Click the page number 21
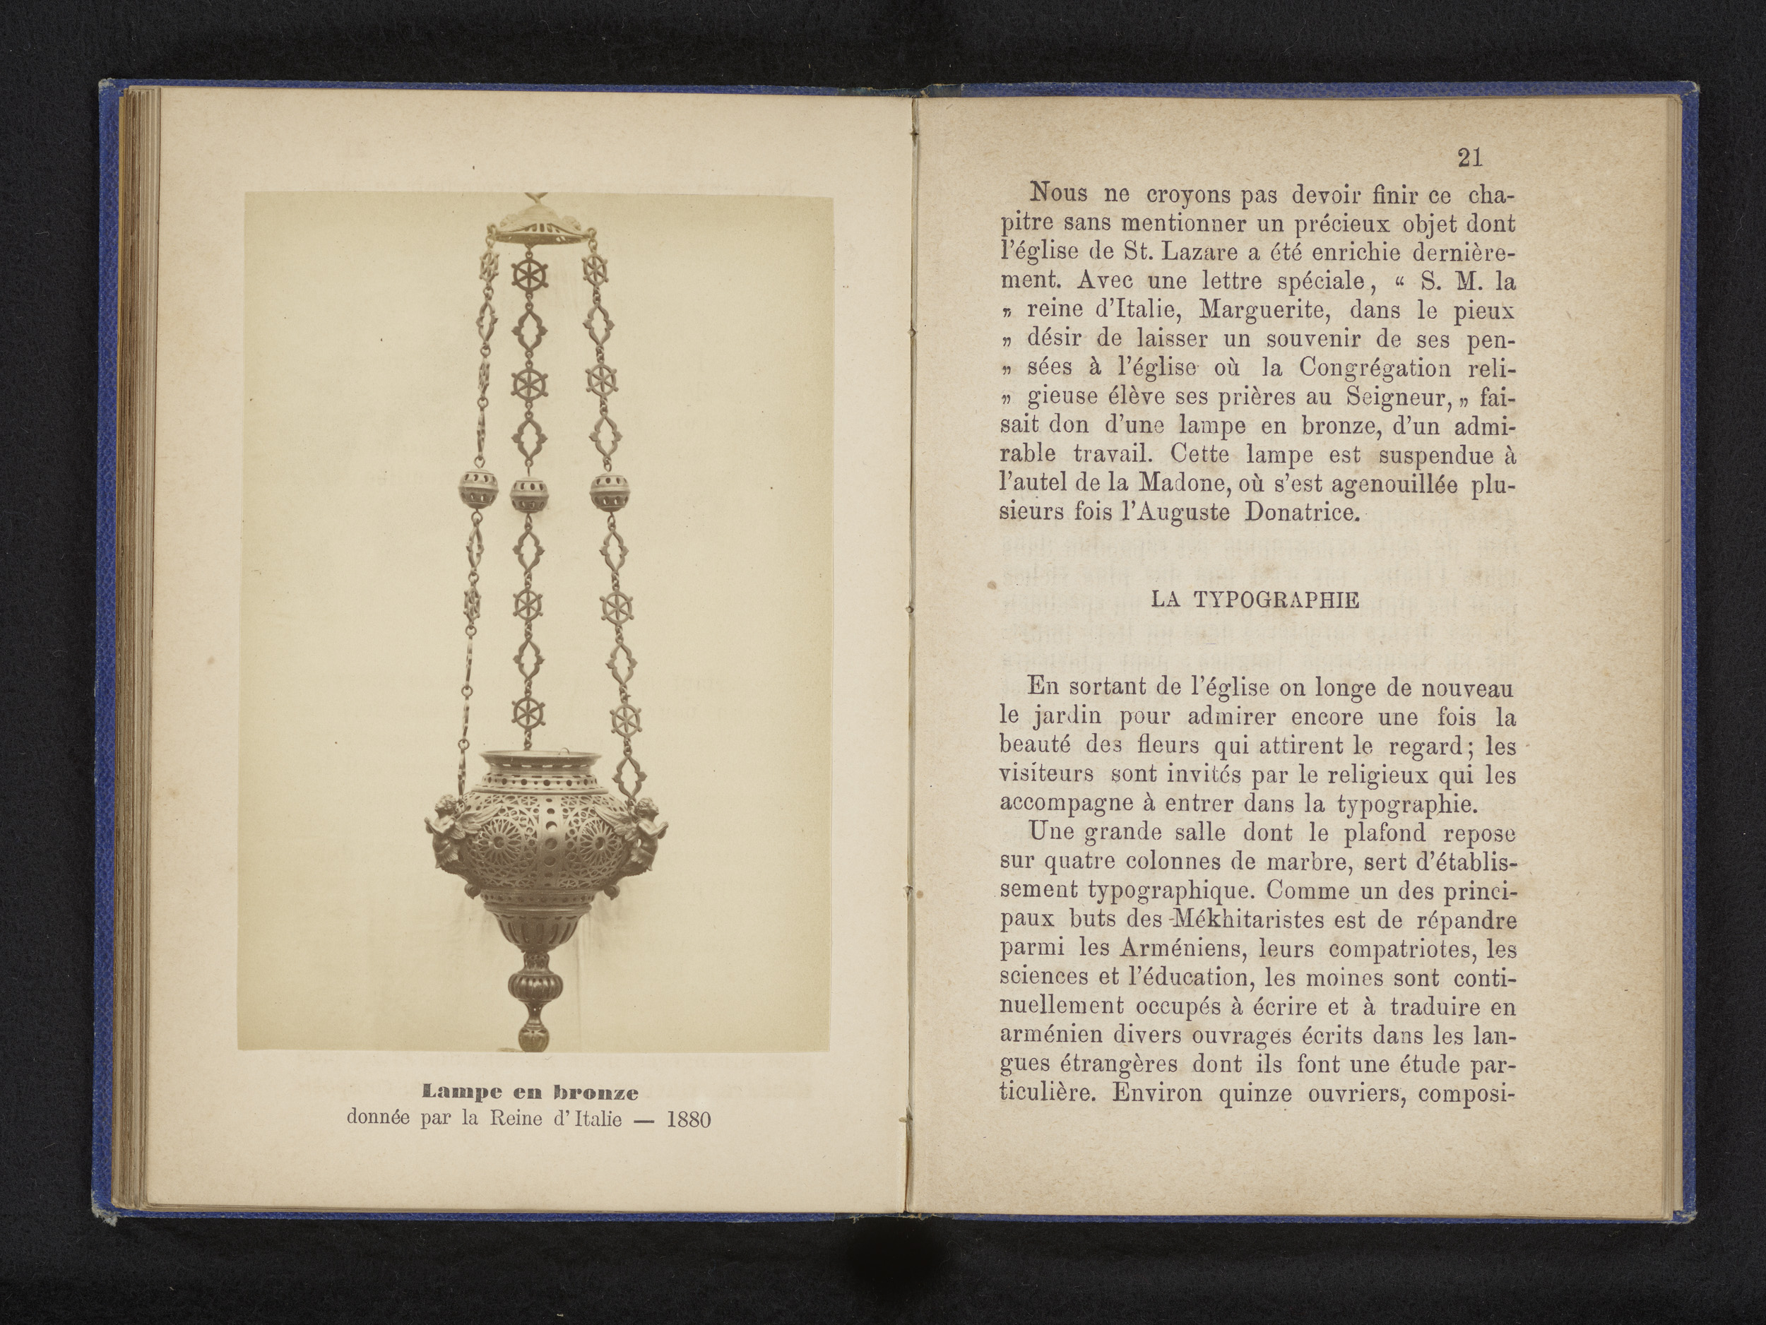[x=1469, y=158]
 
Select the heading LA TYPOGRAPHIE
[x=1255, y=600]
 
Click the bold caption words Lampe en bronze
[x=530, y=1091]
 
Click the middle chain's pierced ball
[x=527, y=496]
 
